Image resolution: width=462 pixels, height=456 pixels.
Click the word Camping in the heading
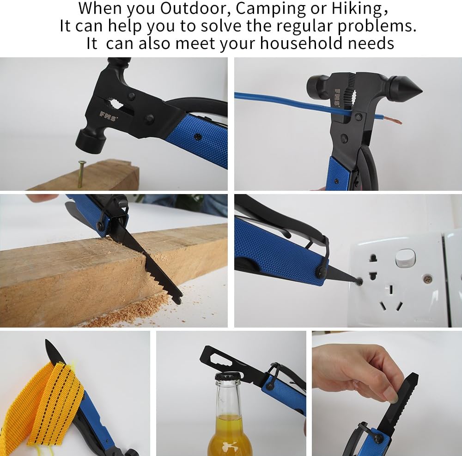click(x=271, y=9)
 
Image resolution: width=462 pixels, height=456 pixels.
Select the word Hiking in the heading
click(x=357, y=9)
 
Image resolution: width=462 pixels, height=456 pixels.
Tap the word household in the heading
click(x=301, y=43)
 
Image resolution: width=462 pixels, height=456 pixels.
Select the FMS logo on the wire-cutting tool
click(x=337, y=97)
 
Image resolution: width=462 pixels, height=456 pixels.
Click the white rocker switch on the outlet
click(x=405, y=258)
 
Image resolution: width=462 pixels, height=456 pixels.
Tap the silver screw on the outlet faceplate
click(x=427, y=278)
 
